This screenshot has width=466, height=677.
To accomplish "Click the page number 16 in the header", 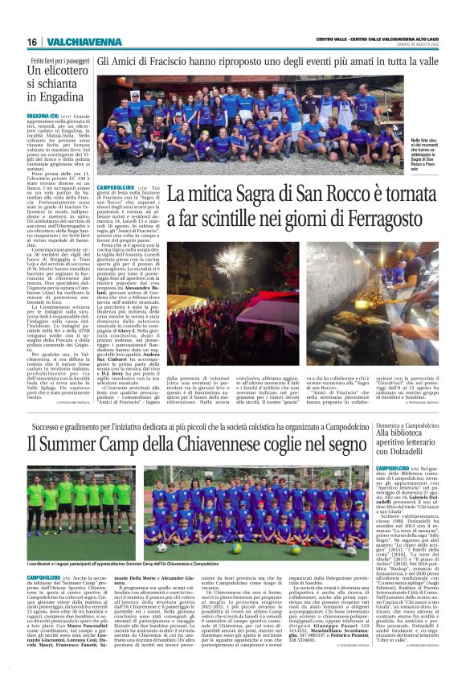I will [31, 41].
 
